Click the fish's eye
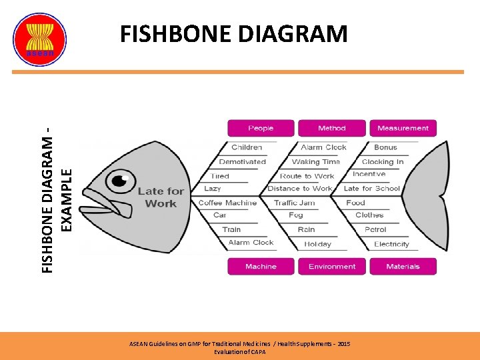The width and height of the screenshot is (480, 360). [x=121, y=180]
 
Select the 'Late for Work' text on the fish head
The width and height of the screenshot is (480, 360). [x=161, y=197]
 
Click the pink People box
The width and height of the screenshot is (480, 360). [x=261, y=128]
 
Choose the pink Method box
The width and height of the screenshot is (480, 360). [x=332, y=128]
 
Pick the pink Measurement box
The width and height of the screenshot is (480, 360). [x=403, y=128]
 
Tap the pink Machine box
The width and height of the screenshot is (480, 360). [x=261, y=267]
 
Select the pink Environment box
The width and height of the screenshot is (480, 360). [x=332, y=267]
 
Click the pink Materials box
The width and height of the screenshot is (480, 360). [x=403, y=267]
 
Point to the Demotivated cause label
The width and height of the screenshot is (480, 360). [x=243, y=161]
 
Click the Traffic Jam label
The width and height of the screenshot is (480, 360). [x=295, y=203]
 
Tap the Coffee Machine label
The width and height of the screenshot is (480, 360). [x=227, y=203]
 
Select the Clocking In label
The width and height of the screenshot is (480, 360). [x=383, y=161]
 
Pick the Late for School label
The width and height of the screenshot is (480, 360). [x=371, y=189]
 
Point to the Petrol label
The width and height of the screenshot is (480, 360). [x=375, y=229]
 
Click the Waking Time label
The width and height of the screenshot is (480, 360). [x=316, y=161]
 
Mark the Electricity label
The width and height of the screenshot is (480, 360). [x=391, y=244]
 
